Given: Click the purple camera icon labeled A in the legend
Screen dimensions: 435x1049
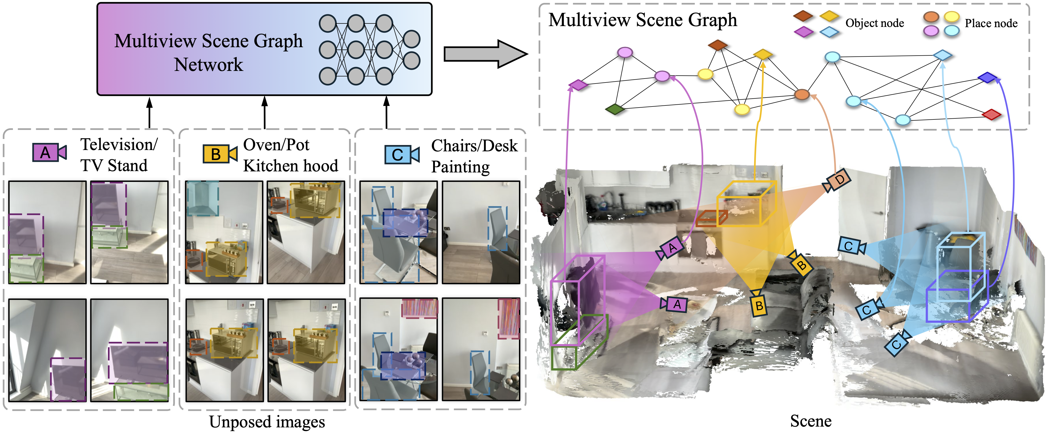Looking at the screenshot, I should coord(49,153).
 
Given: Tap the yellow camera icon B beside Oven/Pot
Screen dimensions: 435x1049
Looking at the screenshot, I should coord(219,154).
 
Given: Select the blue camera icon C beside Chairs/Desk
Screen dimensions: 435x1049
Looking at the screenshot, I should coord(401,155).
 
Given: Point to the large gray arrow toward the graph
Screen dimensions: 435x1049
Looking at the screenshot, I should coord(485,54).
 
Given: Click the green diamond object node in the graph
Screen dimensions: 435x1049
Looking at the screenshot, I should coord(615,109).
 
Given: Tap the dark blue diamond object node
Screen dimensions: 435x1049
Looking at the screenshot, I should coord(987,78).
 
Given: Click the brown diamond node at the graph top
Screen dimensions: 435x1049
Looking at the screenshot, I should coord(718,45).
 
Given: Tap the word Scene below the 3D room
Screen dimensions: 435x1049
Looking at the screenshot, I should coord(810,421).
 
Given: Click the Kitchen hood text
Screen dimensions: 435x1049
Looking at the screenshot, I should coord(290,166).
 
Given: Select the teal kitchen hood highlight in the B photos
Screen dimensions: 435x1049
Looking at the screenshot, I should coord(202,199).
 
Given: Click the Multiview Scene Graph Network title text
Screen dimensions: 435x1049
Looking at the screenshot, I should coord(208,52).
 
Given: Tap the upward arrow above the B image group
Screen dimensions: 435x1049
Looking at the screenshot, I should coord(265,112).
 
